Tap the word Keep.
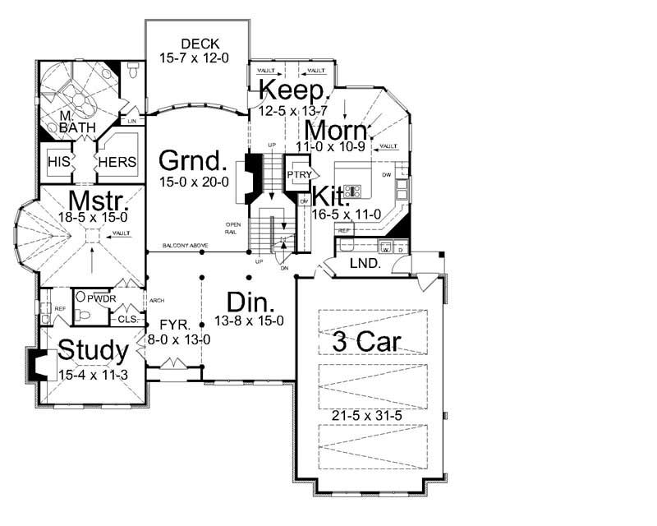pos(295,90)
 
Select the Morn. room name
pos(336,131)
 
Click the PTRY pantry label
pos(296,174)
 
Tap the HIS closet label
pos(58,162)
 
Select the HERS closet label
pos(117,162)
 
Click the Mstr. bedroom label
pos(96,201)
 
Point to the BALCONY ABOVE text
pos(186,247)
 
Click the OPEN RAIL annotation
pos(235,227)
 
